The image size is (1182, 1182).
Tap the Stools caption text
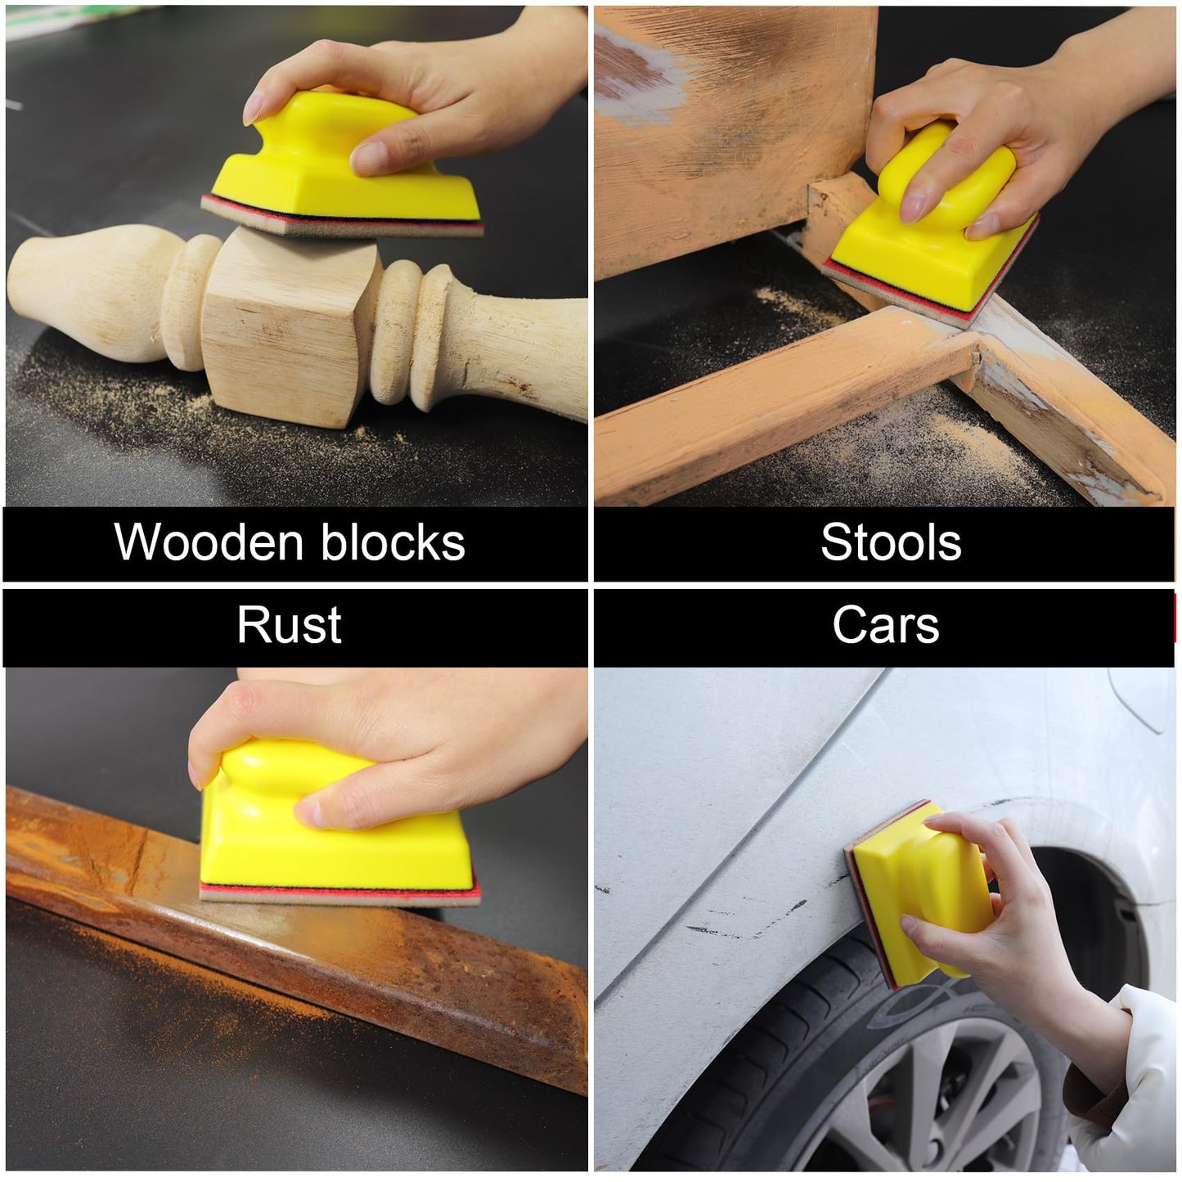pyautogui.click(x=891, y=542)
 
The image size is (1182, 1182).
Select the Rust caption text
pyautogui.click(x=289, y=626)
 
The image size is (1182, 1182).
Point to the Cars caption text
pyautogui.click(x=886, y=626)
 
